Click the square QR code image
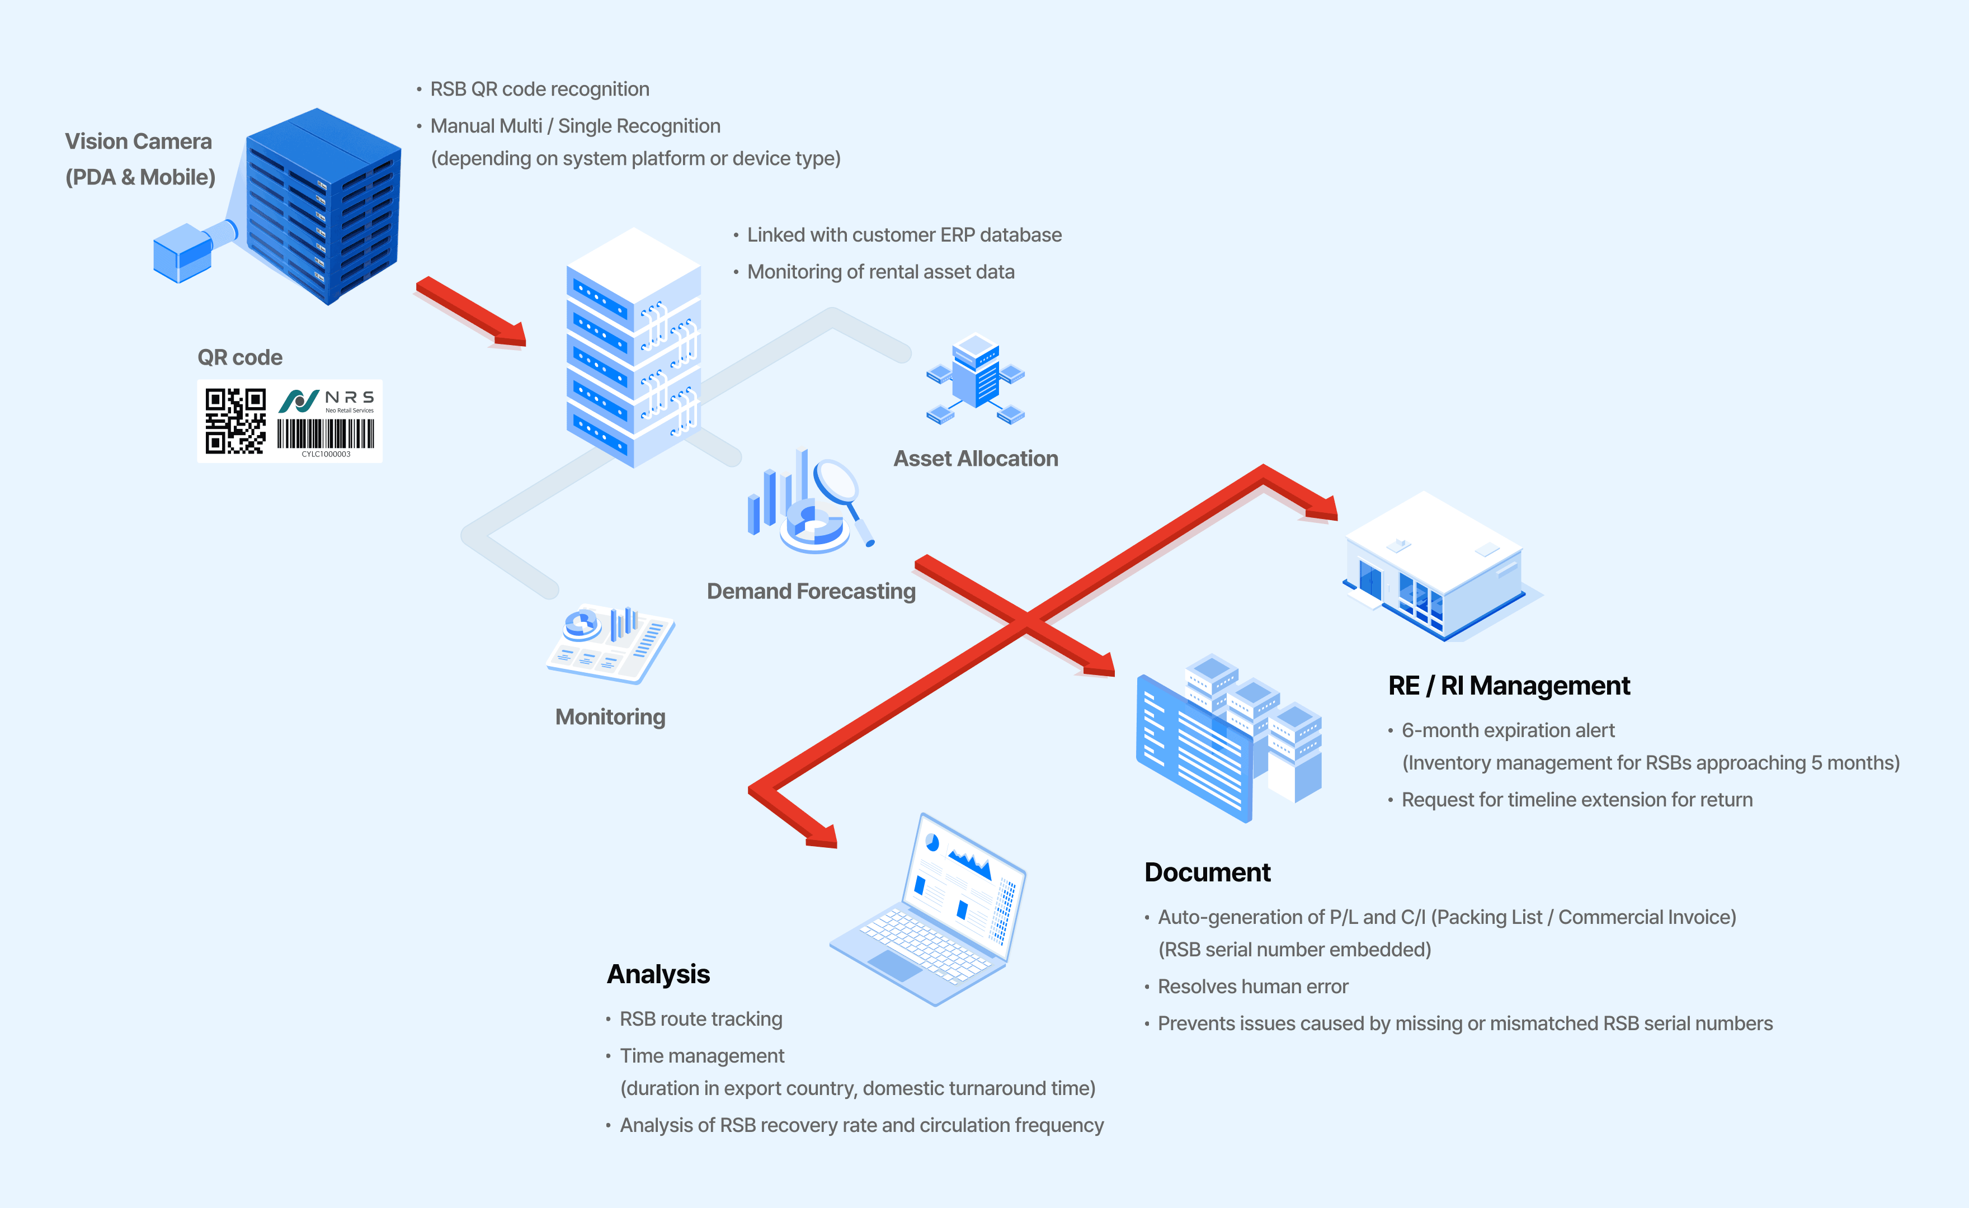pyautogui.click(x=235, y=421)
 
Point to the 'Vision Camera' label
pyautogui.click(x=138, y=141)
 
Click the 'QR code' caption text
pyautogui.click(x=240, y=357)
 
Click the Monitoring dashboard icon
pyautogui.click(x=610, y=644)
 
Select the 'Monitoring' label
pyautogui.click(x=610, y=716)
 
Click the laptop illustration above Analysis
pyautogui.click(x=928, y=910)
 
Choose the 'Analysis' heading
pyautogui.click(x=658, y=974)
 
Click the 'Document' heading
pyautogui.click(x=1208, y=872)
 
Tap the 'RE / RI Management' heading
pyautogui.click(x=1509, y=686)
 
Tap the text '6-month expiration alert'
pyautogui.click(x=1508, y=730)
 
